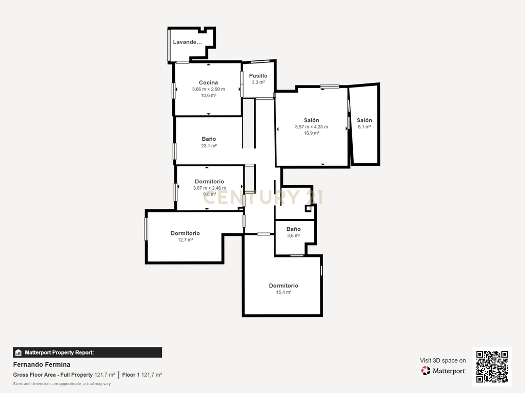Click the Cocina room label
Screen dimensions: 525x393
click(x=208, y=82)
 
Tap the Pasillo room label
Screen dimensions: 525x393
click(x=258, y=76)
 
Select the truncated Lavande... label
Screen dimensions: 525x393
click(x=188, y=42)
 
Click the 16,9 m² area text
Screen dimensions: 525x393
click(x=311, y=133)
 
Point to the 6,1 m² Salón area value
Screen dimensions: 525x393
click(x=365, y=127)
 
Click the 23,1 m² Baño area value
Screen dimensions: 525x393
click(x=209, y=146)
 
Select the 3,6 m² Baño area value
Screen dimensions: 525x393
click(x=294, y=235)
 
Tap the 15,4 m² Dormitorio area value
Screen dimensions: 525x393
click(x=284, y=292)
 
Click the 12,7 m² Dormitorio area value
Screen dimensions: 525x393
click(x=185, y=239)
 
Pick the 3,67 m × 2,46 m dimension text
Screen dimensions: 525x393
click(x=210, y=188)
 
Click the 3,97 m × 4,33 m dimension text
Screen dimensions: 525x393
click(x=311, y=127)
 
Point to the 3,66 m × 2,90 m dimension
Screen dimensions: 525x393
click(x=209, y=89)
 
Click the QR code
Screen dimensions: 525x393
click(x=492, y=366)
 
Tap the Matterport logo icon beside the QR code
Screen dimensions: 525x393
click(x=426, y=370)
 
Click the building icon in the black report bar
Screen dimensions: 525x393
click(x=18, y=353)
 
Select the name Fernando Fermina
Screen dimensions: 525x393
click(x=42, y=364)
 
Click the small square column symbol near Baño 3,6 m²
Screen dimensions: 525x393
click(x=308, y=209)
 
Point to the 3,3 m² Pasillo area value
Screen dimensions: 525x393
click(x=258, y=82)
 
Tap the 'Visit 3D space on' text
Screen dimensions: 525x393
click(x=443, y=361)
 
